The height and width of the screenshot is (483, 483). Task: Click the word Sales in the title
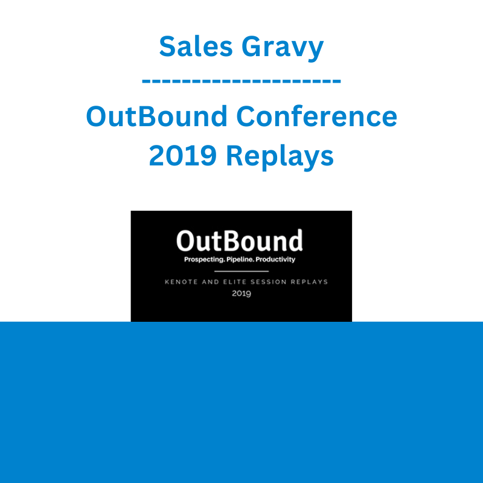click(x=196, y=46)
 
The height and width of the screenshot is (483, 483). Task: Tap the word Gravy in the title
click(x=283, y=48)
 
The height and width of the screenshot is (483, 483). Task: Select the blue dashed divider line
click(x=241, y=81)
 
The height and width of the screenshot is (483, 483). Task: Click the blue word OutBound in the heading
click(x=156, y=116)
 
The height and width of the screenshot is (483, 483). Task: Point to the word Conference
click(x=316, y=116)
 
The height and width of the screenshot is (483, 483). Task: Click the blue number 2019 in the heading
click(x=182, y=156)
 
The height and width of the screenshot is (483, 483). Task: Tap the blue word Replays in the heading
click(x=280, y=157)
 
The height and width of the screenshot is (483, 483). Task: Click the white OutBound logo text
click(x=240, y=240)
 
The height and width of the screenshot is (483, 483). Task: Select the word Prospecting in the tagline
click(x=204, y=260)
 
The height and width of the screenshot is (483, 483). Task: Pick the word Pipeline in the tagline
click(x=240, y=260)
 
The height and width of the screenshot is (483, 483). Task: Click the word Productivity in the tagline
click(x=275, y=260)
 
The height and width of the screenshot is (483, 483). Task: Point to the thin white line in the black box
click(x=241, y=271)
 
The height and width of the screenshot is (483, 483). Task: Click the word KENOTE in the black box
click(x=181, y=282)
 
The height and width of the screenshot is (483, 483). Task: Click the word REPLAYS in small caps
click(x=309, y=282)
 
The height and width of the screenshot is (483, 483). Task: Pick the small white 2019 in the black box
click(x=241, y=293)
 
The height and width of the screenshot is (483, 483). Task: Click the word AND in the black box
click(x=210, y=282)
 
